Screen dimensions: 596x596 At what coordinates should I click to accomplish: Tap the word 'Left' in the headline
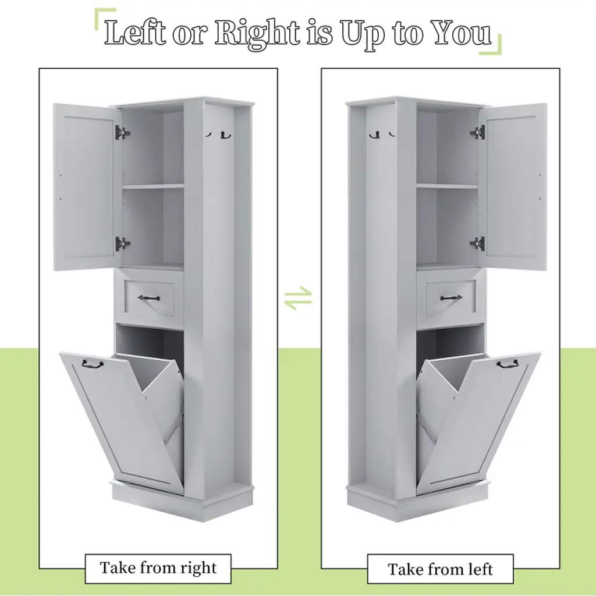[x=135, y=33]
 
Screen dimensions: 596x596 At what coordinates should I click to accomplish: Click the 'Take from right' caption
[x=158, y=568]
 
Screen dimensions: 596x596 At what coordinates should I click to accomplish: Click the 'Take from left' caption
[x=440, y=569]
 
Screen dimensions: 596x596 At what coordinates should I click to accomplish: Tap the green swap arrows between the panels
[x=299, y=297]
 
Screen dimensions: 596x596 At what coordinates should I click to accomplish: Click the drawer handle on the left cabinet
[x=149, y=298]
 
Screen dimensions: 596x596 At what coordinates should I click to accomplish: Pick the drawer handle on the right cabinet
[x=452, y=298]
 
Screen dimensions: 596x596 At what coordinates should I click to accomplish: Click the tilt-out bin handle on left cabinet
[x=93, y=364]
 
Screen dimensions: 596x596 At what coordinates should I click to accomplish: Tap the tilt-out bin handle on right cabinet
[x=508, y=364]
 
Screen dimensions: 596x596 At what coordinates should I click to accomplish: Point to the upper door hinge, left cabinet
[x=122, y=132]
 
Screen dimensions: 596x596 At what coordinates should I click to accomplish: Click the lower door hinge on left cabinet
[x=122, y=244]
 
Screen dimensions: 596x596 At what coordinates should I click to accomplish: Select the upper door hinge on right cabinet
[x=478, y=132]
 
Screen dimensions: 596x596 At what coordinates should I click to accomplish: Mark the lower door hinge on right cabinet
[x=478, y=244]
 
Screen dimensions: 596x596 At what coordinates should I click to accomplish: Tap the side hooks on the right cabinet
[x=382, y=134]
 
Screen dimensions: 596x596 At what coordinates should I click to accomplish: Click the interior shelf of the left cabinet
[x=153, y=186]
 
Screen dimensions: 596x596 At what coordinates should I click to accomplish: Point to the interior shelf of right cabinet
[x=447, y=186]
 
